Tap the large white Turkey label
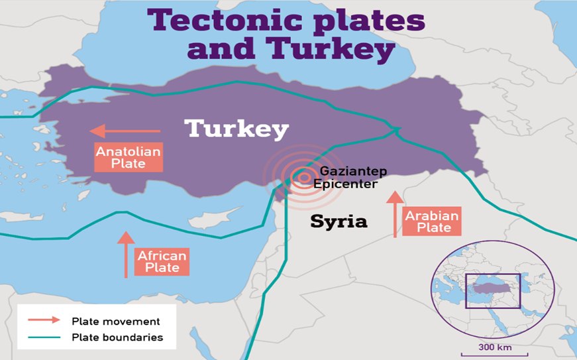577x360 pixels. tap(236, 129)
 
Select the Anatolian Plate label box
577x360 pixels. tap(129, 157)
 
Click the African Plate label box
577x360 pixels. tap(162, 261)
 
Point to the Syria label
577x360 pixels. tap(339, 221)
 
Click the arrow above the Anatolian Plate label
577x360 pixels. tap(125, 131)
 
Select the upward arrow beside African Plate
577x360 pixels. tap(126, 255)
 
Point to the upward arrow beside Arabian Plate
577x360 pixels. tap(395, 214)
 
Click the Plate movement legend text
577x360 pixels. tap(116, 321)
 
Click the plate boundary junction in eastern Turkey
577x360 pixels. tap(395, 129)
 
